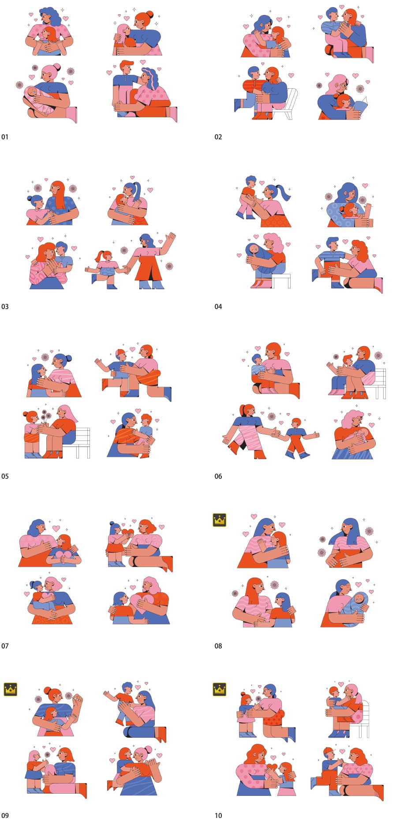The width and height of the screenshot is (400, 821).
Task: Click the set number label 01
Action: [x=5, y=137]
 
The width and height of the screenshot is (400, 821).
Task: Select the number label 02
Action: [x=218, y=137]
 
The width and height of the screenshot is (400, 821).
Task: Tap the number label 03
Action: [x=5, y=306]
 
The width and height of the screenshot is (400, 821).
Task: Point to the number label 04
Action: [x=218, y=306]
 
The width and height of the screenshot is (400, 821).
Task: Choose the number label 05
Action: [x=5, y=476]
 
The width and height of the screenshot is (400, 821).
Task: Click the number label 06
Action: [x=218, y=476]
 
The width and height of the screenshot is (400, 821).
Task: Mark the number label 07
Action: [x=5, y=646]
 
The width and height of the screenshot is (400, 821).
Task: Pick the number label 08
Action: [x=218, y=646]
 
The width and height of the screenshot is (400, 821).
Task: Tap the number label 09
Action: [x=5, y=815]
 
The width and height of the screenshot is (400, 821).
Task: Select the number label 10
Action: [x=218, y=815]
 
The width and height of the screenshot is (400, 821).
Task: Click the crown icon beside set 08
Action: [x=220, y=520]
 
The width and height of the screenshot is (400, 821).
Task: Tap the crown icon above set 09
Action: [x=10, y=689]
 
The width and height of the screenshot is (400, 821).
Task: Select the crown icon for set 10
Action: [x=220, y=689]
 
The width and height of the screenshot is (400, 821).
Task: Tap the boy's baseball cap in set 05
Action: [x=120, y=352]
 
